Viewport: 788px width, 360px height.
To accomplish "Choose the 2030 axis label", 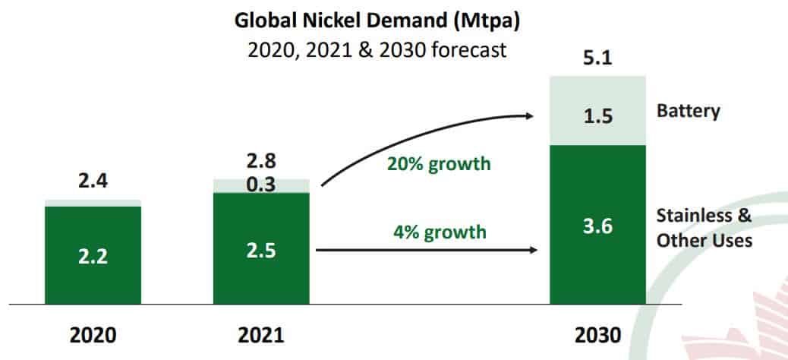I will (x=597, y=334).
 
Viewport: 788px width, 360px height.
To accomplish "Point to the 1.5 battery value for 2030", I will (x=598, y=117).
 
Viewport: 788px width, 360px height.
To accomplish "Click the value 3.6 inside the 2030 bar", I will (x=598, y=226).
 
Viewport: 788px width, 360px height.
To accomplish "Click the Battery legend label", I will (x=688, y=112).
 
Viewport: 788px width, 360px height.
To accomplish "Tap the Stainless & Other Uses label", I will (x=704, y=227).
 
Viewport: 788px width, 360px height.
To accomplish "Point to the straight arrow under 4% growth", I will (x=425, y=249).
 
